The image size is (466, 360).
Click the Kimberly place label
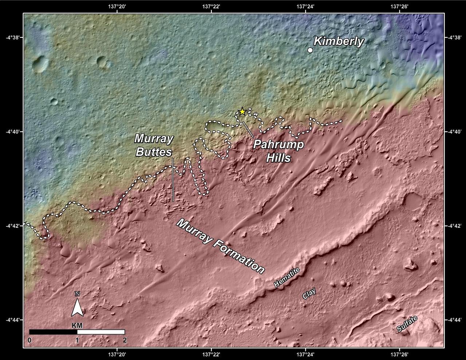[339, 41]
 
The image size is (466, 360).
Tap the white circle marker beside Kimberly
[310, 50]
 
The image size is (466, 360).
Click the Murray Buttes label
[154, 145]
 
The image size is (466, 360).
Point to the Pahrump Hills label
[279, 151]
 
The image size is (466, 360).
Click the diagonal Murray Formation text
[220, 246]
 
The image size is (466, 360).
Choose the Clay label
[309, 294]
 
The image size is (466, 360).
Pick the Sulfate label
[407, 324]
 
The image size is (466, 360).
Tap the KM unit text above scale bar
[77, 325]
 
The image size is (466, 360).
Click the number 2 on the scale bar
[125, 340]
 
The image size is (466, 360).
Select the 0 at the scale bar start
[29, 340]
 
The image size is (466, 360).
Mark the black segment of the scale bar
[53, 332]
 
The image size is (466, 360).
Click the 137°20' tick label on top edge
[117, 6]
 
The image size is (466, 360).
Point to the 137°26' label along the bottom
[400, 353]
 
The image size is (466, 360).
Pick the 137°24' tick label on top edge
[305, 6]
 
